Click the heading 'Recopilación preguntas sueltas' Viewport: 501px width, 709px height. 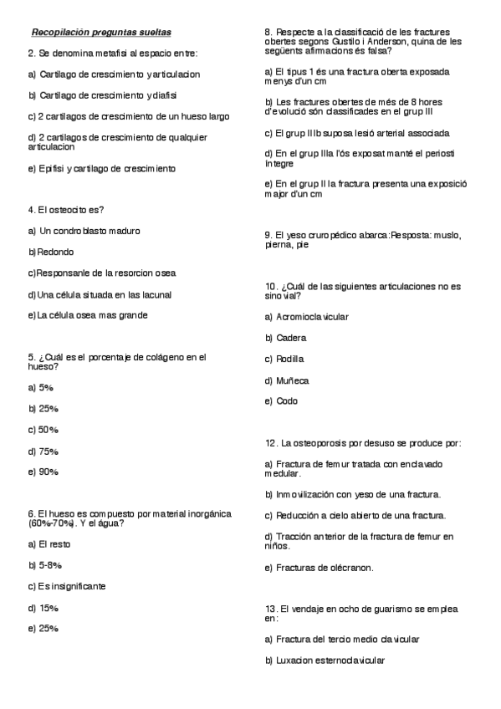coord(101,33)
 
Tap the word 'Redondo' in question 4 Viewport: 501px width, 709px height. coord(56,252)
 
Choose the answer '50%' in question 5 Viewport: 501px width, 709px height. coord(48,430)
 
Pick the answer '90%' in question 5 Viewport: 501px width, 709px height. coord(48,472)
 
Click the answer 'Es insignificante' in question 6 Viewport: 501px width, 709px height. coord(72,586)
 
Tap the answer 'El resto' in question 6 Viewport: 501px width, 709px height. coord(54,544)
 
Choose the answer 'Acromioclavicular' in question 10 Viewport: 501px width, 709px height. coord(312,317)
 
